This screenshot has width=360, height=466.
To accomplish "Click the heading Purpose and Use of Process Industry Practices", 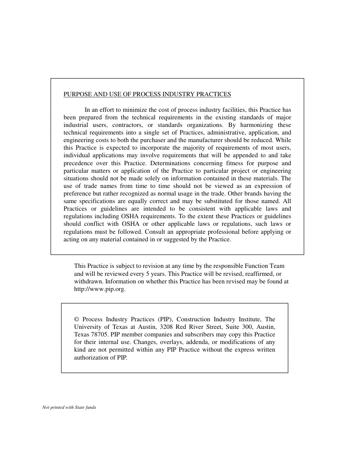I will (147, 94).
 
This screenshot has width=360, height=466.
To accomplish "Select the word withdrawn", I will (88, 281).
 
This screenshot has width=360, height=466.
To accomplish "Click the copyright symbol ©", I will (77, 319).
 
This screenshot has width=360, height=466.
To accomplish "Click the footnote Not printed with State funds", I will (69, 408).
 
